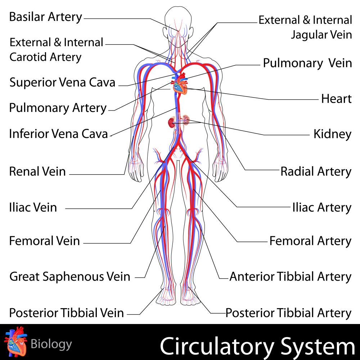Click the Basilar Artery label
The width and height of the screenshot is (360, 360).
[x=46, y=17]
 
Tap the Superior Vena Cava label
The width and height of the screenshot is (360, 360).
[x=62, y=82]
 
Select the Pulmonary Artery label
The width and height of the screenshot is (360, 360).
[x=58, y=108]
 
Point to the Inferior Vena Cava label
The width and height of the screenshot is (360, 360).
[x=58, y=134]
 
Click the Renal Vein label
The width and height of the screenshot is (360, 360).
[x=37, y=171]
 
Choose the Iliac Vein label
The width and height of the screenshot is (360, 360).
[x=33, y=207]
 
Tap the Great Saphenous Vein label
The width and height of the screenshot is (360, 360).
[x=70, y=276]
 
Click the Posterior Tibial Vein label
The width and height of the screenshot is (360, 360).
[x=67, y=313]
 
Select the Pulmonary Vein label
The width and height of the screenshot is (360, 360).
[x=307, y=63]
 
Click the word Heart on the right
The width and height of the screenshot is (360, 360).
[x=336, y=99]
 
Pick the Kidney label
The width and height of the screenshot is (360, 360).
[x=332, y=134]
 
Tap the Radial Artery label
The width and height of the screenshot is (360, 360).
[x=316, y=171]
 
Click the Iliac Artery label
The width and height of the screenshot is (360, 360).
[x=321, y=207]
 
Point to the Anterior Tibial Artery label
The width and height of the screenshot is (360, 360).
[x=290, y=276]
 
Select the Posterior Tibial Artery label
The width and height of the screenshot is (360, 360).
[x=288, y=313]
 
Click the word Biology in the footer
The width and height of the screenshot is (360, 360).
[x=51, y=344]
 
